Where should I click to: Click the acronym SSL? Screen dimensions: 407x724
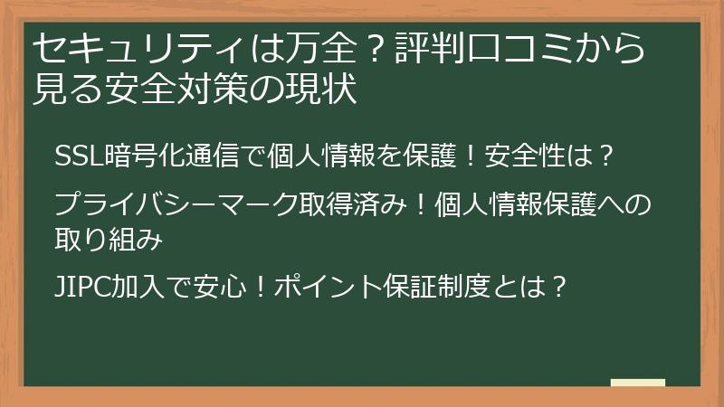tap(74, 156)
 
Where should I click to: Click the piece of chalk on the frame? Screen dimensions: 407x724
tap(637, 383)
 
